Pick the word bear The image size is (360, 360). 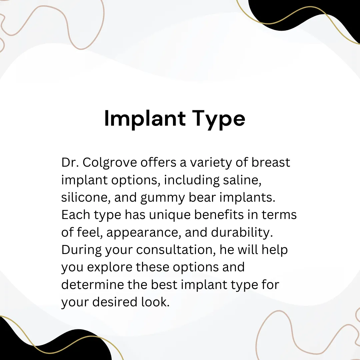(x=202, y=197)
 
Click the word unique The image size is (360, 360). (x=170, y=215)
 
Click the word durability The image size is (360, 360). (x=242, y=232)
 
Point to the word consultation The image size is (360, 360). (x=176, y=250)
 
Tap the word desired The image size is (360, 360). (x=115, y=302)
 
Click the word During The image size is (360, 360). (x=81, y=250)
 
